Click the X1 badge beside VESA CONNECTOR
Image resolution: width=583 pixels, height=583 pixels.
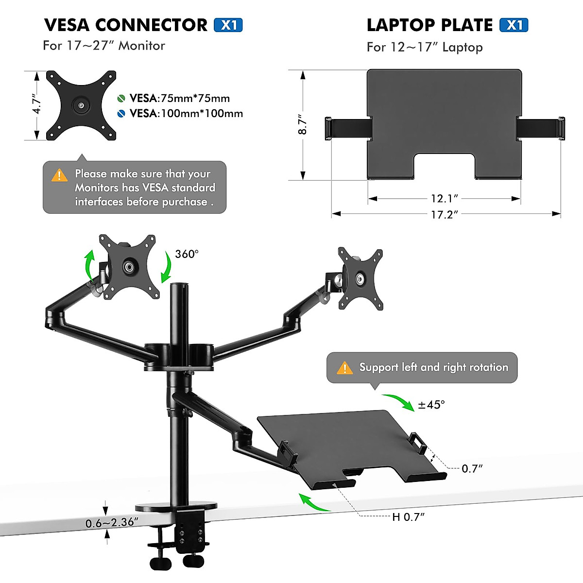click(228, 25)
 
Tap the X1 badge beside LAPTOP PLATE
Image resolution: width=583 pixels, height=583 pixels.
click(514, 25)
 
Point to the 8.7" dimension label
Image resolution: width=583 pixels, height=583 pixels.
click(302, 125)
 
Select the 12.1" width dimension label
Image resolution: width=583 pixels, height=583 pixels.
click(444, 198)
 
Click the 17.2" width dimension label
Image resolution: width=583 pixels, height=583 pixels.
click(444, 214)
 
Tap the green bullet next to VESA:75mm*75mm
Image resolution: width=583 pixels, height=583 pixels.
click(121, 99)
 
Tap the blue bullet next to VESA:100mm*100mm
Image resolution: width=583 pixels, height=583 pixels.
click(121, 114)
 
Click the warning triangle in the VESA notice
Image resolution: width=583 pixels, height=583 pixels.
click(60, 175)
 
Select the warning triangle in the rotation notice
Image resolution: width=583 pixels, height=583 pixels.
click(344, 368)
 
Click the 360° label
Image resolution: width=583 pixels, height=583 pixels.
click(187, 254)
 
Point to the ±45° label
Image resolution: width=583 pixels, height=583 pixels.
click(431, 404)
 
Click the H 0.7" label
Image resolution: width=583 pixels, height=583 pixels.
click(408, 517)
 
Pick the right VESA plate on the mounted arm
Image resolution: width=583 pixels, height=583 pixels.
click(360, 278)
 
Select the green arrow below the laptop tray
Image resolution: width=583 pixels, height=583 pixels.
click(313, 503)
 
